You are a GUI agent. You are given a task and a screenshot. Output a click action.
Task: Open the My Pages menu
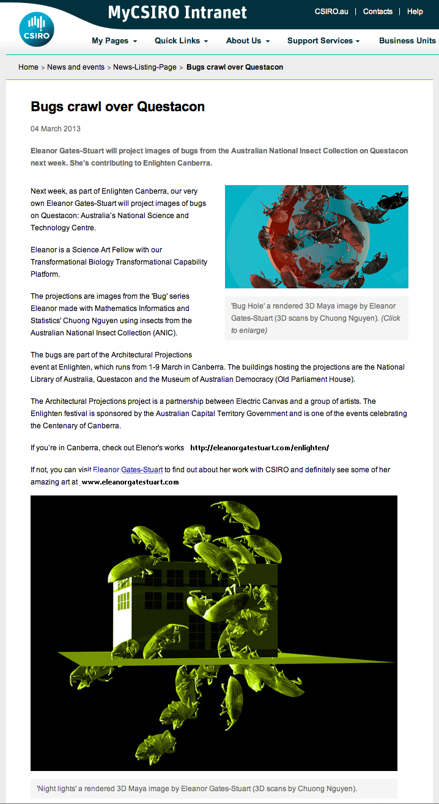[114, 41]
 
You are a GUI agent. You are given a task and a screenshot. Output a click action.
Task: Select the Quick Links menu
[181, 41]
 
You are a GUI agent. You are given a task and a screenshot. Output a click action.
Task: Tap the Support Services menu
[323, 41]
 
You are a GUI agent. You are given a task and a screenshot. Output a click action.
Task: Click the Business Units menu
[407, 41]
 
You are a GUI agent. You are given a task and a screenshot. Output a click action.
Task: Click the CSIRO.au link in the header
[331, 12]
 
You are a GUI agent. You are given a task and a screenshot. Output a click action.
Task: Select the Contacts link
[377, 12]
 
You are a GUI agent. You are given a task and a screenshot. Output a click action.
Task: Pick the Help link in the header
[415, 12]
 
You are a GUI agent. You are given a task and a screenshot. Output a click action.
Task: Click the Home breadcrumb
[28, 67]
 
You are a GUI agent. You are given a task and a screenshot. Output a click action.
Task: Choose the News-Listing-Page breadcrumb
[145, 67]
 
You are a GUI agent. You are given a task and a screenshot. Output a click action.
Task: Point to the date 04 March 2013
[56, 129]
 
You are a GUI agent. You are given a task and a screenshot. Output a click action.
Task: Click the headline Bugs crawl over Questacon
[117, 107]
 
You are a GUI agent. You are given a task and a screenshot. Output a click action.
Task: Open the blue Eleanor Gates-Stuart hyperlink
[128, 470]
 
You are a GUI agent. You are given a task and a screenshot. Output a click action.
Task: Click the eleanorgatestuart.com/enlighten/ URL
[260, 448]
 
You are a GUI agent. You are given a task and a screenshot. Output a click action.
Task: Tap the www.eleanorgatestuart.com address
[130, 482]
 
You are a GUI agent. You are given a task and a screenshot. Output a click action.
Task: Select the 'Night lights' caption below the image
[196, 788]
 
